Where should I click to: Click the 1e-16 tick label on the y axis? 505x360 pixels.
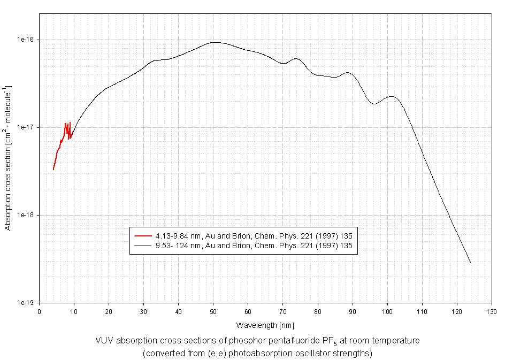point(25,40)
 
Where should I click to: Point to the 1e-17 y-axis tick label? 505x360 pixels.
point(25,127)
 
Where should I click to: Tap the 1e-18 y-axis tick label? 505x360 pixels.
point(25,215)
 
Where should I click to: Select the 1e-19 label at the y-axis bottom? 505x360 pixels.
point(25,303)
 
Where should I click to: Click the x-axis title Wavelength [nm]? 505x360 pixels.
point(265,325)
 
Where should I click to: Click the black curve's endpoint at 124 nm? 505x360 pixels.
point(470,263)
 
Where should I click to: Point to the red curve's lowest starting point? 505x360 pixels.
point(53,170)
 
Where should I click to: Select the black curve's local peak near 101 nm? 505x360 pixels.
point(391,96)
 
